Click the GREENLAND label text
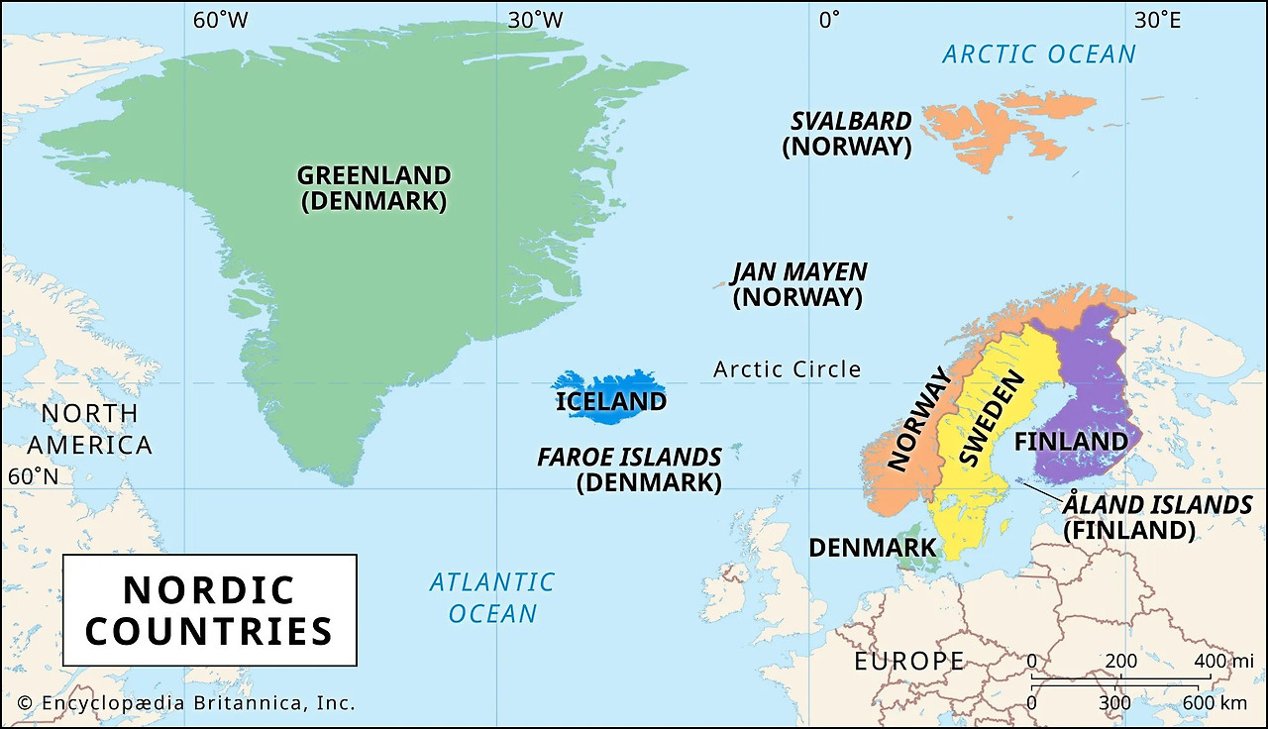coord(373,176)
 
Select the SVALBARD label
coord(850,122)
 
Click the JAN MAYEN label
coord(798,272)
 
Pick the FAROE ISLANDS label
coord(629,458)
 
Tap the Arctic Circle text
coord(787,369)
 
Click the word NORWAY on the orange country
coord(917,418)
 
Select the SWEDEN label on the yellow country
coord(987,420)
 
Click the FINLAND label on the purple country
coord(1071,441)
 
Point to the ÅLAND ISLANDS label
coord(1156,505)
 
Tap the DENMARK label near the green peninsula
coord(872,547)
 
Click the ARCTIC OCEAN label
coord(1038,54)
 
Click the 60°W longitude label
coord(220,20)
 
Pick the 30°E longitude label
coord(1157,20)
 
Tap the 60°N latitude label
coord(33,476)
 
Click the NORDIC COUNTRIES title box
coord(209,610)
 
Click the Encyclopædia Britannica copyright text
coord(186,703)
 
